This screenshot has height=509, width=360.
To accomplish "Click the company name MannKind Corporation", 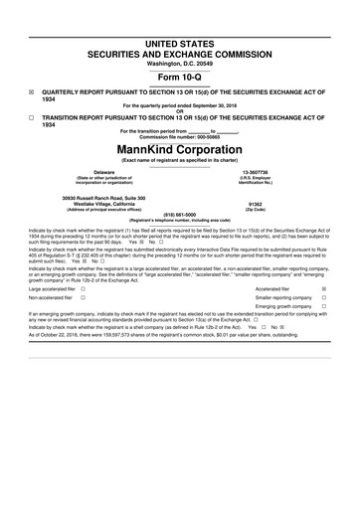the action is tap(180, 147).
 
